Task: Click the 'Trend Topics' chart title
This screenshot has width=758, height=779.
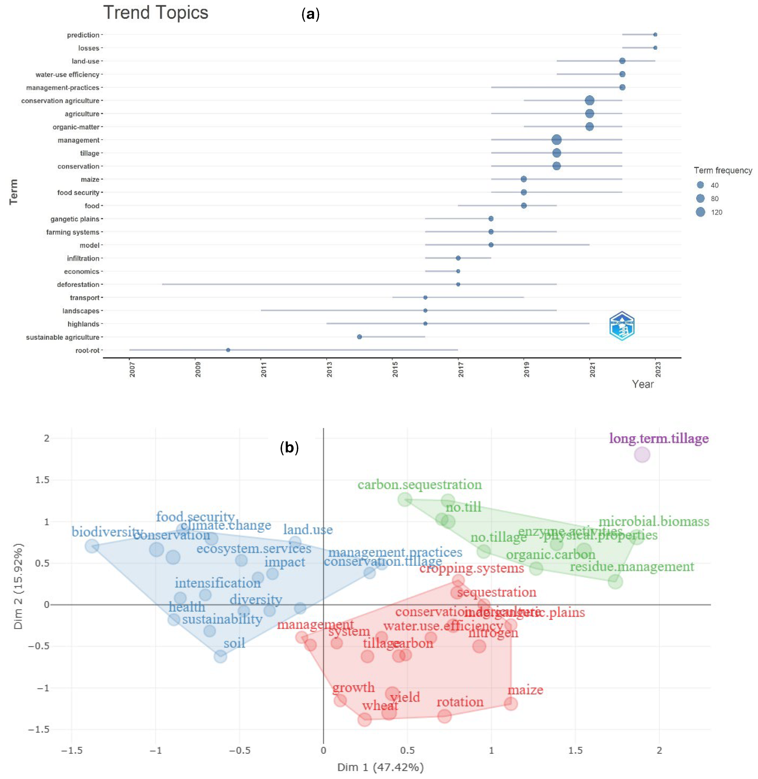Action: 156,13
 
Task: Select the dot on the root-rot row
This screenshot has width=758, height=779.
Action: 228,350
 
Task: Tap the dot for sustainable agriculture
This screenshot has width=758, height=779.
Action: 360,337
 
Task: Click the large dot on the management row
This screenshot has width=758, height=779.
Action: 557,140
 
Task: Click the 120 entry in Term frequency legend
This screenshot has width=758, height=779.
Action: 701,212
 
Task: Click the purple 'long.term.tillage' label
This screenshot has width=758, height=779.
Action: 659,439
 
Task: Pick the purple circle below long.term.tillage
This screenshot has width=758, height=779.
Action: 642,455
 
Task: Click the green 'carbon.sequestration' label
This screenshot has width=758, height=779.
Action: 419,485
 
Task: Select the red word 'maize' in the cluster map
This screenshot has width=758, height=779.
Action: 525,690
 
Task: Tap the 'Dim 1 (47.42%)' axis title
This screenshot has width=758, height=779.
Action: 380,767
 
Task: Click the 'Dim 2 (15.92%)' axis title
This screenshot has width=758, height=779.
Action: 18,586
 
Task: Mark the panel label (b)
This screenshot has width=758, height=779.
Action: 289,448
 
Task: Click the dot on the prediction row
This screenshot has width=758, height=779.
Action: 655,35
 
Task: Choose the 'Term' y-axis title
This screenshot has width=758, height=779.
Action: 14,192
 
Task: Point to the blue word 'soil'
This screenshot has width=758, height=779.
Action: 234,643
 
